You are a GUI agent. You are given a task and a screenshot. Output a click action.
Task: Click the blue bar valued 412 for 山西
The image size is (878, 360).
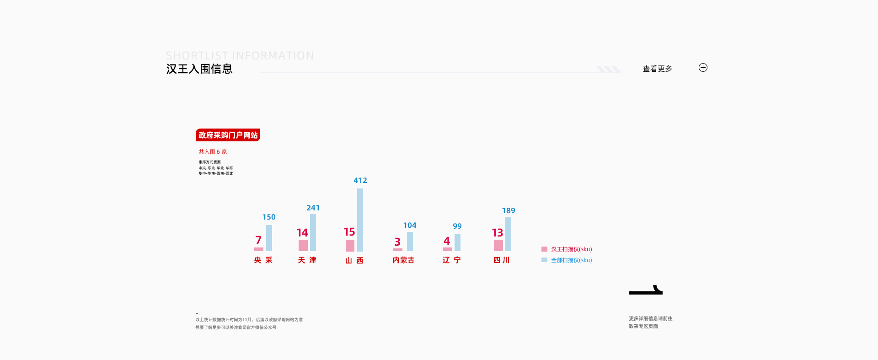(x=360, y=220)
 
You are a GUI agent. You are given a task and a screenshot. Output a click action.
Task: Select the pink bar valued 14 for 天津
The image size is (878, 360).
(x=303, y=245)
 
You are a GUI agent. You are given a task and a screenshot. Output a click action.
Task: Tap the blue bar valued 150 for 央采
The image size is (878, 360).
(x=269, y=238)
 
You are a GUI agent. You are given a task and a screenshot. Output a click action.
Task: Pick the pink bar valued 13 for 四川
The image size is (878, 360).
(x=498, y=245)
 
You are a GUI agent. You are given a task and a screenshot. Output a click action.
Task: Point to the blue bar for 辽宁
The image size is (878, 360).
(x=457, y=242)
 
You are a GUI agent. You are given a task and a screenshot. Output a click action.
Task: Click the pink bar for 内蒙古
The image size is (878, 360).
(x=398, y=250)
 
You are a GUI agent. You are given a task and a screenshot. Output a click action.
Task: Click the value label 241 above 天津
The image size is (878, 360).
(x=313, y=208)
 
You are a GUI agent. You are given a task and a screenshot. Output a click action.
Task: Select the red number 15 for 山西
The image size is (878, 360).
(x=349, y=232)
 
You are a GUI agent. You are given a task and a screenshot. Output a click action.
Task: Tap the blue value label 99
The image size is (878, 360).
(x=457, y=226)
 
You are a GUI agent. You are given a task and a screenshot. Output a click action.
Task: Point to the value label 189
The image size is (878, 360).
(x=509, y=211)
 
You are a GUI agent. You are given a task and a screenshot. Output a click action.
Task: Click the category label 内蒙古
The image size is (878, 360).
(x=403, y=260)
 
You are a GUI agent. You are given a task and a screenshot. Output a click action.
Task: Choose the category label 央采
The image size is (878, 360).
(x=263, y=260)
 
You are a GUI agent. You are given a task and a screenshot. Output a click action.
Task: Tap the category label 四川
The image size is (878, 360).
(x=501, y=260)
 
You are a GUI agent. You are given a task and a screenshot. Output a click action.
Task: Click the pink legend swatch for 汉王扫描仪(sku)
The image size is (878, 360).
(x=544, y=249)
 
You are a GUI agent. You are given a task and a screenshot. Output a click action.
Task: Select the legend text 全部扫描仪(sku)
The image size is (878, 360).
(x=571, y=260)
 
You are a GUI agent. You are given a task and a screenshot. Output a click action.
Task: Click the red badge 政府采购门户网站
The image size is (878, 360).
(x=228, y=135)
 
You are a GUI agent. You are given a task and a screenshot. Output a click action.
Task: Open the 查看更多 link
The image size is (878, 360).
(x=657, y=69)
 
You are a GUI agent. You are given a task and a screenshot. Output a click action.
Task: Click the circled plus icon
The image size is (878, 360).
(x=703, y=68)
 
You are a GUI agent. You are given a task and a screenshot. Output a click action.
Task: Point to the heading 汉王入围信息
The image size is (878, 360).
(x=199, y=69)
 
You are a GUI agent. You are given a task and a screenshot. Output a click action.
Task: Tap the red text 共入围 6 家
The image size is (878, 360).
(x=212, y=152)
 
